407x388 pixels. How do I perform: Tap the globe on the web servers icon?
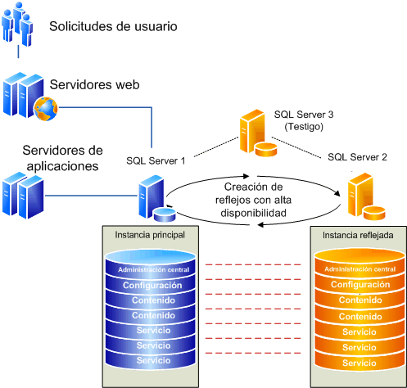pos(42,106)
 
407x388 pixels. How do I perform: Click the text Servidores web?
pos(94,84)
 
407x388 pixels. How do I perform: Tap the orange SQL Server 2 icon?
pos(364,199)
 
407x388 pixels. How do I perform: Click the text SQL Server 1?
pos(156,160)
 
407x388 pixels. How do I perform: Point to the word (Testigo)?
pos(305,128)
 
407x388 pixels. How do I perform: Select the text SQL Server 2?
pos(357,156)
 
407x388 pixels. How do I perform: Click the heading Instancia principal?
pos(151,235)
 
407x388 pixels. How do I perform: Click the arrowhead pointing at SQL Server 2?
pos(338,193)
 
